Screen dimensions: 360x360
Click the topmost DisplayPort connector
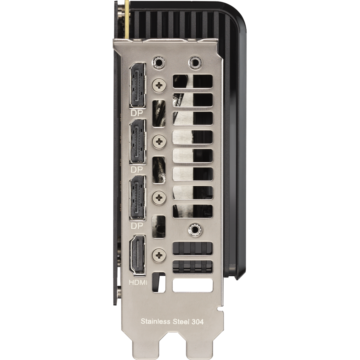137,88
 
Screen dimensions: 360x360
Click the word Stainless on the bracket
155,321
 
